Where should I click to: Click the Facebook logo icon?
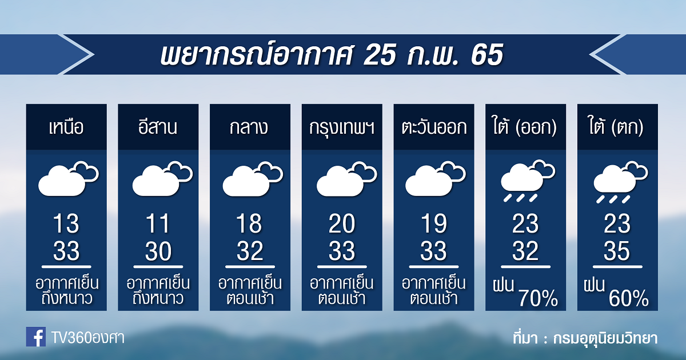pyautogui.click(x=36, y=337)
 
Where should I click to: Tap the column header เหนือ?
pyautogui.click(x=66, y=127)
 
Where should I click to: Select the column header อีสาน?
pyautogui.click(x=158, y=127)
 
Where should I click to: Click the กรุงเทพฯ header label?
pyautogui.click(x=342, y=128)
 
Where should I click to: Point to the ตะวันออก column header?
pyautogui.click(x=434, y=127)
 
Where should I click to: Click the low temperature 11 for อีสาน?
pyautogui.click(x=158, y=223)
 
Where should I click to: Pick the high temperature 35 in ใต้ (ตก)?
pyautogui.click(x=617, y=251)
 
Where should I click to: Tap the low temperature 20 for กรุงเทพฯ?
pyautogui.click(x=342, y=223)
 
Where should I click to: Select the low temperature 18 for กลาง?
pyautogui.click(x=249, y=223)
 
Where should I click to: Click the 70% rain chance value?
pyautogui.click(x=538, y=298)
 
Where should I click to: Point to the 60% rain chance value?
pyautogui.click(x=629, y=298)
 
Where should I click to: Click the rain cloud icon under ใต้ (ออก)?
pyautogui.click(x=527, y=181)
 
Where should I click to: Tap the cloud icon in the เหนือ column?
pyautogui.click(x=68, y=178)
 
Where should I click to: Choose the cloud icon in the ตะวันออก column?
pyautogui.click(x=436, y=179)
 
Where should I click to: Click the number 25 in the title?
pyautogui.click(x=380, y=55)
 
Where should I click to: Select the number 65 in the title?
pyautogui.click(x=487, y=55)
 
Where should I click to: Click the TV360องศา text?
pyautogui.click(x=88, y=338)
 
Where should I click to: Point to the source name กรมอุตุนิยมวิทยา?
pyautogui.click(x=605, y=338)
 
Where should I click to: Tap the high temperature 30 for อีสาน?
pyautogui.click(x=158, y=251)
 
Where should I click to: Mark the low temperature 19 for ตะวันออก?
pyautogui.click(x=434, y=223)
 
